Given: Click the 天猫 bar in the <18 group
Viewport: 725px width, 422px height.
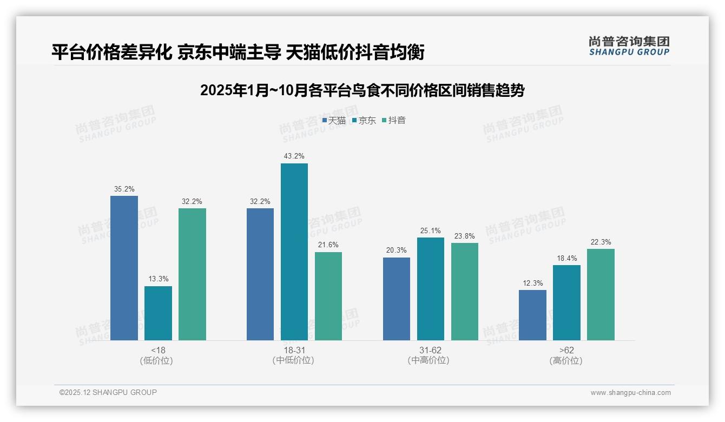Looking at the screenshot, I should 124,268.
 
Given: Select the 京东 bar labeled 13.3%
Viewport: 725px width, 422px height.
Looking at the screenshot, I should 158,313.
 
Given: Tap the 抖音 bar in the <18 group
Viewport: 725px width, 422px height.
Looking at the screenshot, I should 192,274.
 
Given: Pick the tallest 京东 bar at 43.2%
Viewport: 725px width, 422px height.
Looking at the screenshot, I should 294,252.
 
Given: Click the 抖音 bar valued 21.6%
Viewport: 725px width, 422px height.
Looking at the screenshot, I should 328,296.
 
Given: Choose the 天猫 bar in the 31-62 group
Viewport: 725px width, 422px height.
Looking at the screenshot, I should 397,299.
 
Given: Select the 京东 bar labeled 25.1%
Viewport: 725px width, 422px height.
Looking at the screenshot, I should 431,289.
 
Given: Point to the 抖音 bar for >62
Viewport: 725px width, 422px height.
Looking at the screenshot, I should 601,294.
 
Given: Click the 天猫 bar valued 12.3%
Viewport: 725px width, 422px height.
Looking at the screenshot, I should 532,315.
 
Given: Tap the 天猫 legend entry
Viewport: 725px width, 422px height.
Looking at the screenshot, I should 334,121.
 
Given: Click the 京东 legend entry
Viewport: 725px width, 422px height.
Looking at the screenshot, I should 364,121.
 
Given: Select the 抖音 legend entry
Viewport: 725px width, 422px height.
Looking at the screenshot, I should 394,121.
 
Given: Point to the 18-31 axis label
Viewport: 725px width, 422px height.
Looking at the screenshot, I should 294,351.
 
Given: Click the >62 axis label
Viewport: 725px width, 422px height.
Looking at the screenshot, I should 566,351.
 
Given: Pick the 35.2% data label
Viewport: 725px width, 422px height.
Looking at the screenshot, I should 124,189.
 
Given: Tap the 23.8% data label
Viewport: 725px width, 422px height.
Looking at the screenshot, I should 465,236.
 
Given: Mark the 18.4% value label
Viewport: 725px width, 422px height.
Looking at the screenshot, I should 567,259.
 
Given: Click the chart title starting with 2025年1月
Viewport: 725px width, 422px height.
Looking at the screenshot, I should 362,90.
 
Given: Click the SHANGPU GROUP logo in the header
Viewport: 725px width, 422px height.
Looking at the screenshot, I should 629,46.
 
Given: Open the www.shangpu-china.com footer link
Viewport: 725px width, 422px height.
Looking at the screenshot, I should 630,393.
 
